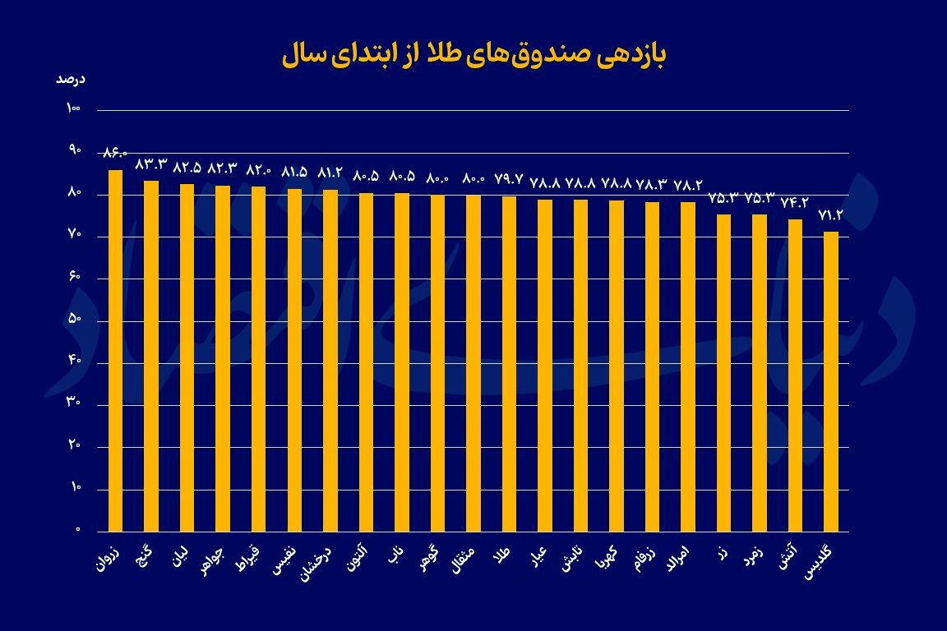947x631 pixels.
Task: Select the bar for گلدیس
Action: click(831, 381)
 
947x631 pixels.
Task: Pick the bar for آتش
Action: click(795, 375)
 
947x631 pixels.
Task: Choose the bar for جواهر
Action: click(223, 358)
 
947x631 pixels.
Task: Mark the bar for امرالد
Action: click(688, 366)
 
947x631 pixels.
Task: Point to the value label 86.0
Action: click(115, 153)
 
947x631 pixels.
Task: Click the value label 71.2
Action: click(831, 215)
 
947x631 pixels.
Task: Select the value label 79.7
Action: click(509, 180)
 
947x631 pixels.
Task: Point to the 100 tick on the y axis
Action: click(73, 109)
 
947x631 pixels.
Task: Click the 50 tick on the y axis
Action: click(73, 320)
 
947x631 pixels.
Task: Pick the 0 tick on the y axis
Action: click(78, 530)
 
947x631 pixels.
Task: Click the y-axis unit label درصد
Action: click(71, 80)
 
